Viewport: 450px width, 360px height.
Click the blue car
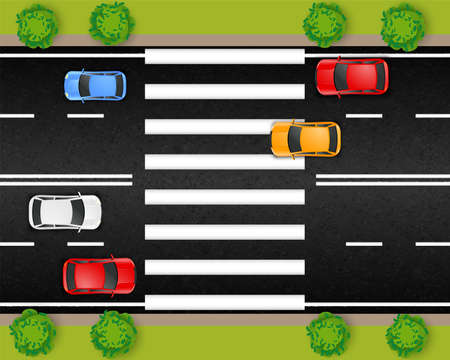95,85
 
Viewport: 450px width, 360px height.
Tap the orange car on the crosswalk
305,139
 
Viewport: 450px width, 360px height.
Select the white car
65,211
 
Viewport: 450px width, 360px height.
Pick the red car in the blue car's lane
352,76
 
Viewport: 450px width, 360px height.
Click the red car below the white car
99,275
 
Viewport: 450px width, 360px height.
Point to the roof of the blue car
99,85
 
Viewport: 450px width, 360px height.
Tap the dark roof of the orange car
301,139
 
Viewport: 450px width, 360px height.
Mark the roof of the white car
69,211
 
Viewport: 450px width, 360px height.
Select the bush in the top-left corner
37,24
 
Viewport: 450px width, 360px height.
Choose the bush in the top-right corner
403,25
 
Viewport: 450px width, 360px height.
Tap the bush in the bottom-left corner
33,333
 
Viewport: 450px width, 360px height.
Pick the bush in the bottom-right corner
408,335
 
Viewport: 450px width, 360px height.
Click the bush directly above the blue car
110,22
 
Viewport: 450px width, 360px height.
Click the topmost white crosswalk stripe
224,56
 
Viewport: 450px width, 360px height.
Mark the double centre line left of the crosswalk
66,180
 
